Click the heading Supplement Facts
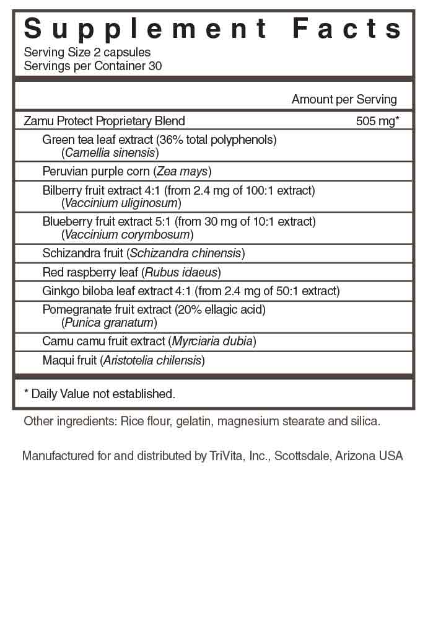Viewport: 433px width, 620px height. point(214,29)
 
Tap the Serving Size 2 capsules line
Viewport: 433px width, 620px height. point(87,53)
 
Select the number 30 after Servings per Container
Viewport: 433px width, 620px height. point(155,66)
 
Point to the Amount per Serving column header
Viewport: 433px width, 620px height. point(344,99)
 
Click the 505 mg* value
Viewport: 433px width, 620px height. point(376,121)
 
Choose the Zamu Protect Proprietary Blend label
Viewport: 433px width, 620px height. point(104,121)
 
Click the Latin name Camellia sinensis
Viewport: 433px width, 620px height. point(111,152)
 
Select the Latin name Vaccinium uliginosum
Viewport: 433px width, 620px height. point(121,203)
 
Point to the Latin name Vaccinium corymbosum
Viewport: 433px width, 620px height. point(128,234)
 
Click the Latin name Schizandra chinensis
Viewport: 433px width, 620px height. point(186,253)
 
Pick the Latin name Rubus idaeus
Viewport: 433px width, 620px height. point(181,272)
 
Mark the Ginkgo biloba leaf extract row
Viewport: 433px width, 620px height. point(191,291)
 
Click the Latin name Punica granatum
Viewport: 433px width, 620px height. point(109,322)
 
